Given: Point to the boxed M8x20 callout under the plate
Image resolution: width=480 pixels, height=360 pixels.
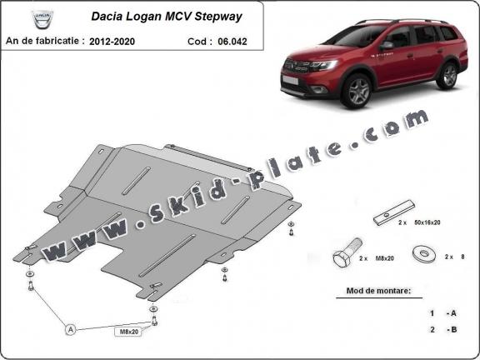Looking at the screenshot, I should [x=127, y=332].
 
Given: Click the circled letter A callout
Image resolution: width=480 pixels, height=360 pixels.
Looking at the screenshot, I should [x=72, y=330].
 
